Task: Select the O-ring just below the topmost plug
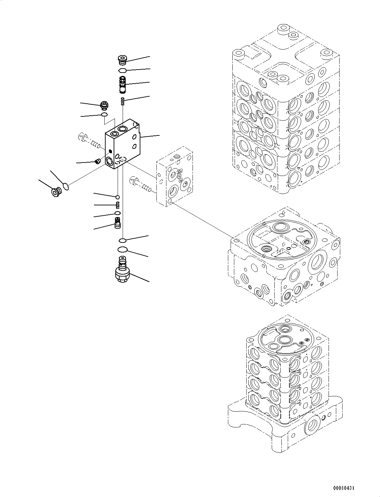coord(122,70)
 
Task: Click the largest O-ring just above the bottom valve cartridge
coord(123,250)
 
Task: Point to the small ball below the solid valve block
coord(117,197)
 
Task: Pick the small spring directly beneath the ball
coord(117,205)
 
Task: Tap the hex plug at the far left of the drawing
coord(55,192)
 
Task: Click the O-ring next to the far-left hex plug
coord(66,186)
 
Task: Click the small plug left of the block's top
coord(105,106)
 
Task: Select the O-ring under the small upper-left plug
coord(104,115)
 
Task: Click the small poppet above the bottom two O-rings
coord(117,222)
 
